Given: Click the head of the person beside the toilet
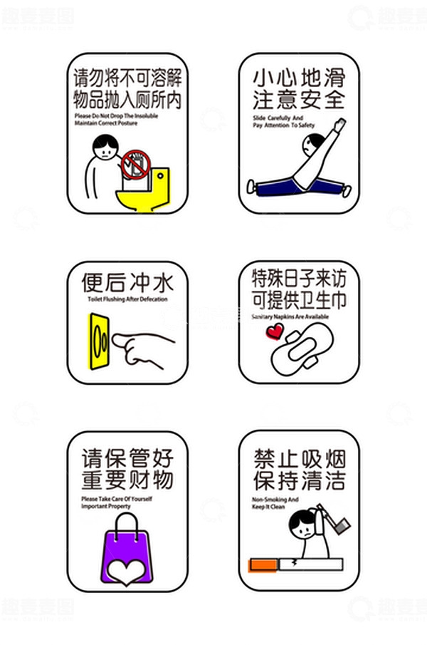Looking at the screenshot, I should click(x=104, y=148).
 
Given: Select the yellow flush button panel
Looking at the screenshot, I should click(x=100, y=341).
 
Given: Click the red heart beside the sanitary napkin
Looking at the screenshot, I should click(x=274, y=331).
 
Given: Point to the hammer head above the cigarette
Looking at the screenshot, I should click(x=342, y=527).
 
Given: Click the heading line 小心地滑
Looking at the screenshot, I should click(x=298, y=75).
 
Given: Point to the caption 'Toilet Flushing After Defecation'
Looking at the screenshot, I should click(x=127, y=299).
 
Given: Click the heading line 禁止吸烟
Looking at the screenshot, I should click(x=298, y=456).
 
